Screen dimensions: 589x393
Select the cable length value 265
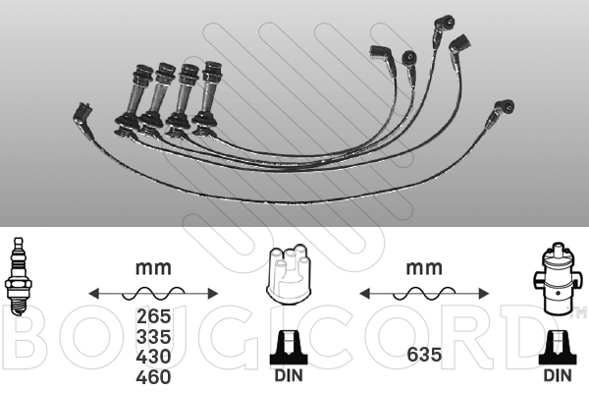coord(154,316)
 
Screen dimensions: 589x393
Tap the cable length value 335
coord(154,337)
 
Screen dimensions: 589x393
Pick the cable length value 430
coord(154,357)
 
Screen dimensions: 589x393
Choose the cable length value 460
coord(154,377)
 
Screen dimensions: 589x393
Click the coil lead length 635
coord(424,355)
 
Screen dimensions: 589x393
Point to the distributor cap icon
coord(289,274)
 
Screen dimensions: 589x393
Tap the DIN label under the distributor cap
coord(289,375)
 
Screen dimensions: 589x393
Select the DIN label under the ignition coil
coord(558,375)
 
